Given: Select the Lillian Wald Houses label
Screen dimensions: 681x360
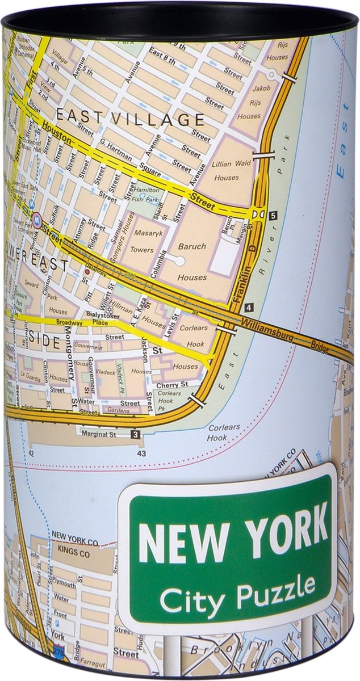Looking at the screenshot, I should (227, 170).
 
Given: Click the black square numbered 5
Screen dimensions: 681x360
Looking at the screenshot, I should (273, 215).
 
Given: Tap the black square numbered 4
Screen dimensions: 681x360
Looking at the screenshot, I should (249, 307).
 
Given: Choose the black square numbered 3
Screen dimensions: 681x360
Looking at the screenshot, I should (135, 435).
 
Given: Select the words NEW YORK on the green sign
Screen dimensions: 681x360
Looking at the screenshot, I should (233, 536).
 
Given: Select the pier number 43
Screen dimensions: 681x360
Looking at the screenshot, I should (141, 453).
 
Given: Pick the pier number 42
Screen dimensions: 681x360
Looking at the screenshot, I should (31, 453).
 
